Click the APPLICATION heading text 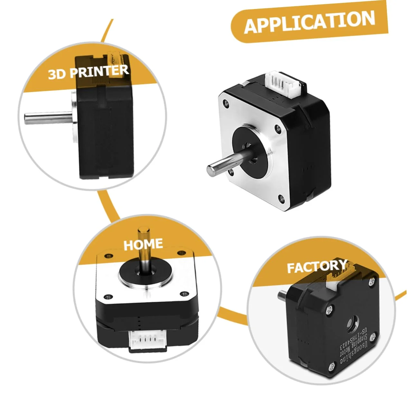[x=309, y=22]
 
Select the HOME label [x=143, y=244]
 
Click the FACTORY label [x=317, y=267]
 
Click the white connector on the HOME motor [x=147, y=341]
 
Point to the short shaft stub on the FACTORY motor [x=282, y=296]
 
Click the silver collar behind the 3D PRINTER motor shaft [x=74, y=117]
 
